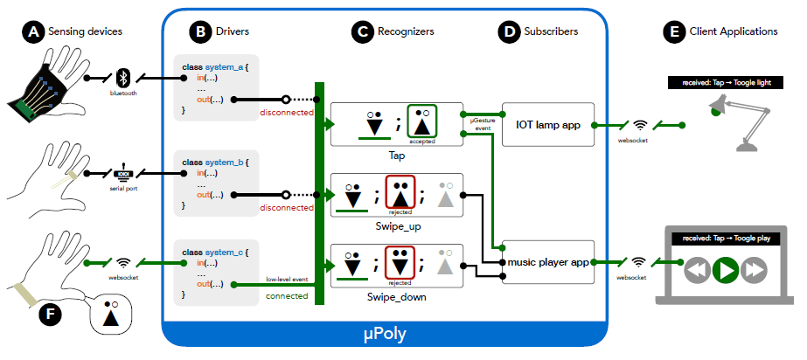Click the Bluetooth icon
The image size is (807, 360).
(x=123, y=79)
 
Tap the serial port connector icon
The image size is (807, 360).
(x=123, y=172)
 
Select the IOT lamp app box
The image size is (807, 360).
(x=548, y=124)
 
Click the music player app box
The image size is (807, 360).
(x=548, y=262)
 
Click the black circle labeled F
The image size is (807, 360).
(x=51, y=314)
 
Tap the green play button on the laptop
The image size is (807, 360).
(x=726, y=269)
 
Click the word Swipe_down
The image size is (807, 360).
(x=396, y=297)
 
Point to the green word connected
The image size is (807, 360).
(x=287, y=296)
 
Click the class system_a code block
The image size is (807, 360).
(x=216, y=88)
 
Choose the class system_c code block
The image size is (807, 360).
(x=216, y=273)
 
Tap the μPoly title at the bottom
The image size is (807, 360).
(x=384, y=335)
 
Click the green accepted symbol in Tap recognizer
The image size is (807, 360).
(x=422, y=123)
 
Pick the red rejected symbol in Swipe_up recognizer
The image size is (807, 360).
(x=400, y=194)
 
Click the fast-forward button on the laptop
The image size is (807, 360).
(x=754, y=270)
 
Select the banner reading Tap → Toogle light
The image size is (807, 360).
(x=726, y=82)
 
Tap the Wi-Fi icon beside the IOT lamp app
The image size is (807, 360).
(x=639, y=124)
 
